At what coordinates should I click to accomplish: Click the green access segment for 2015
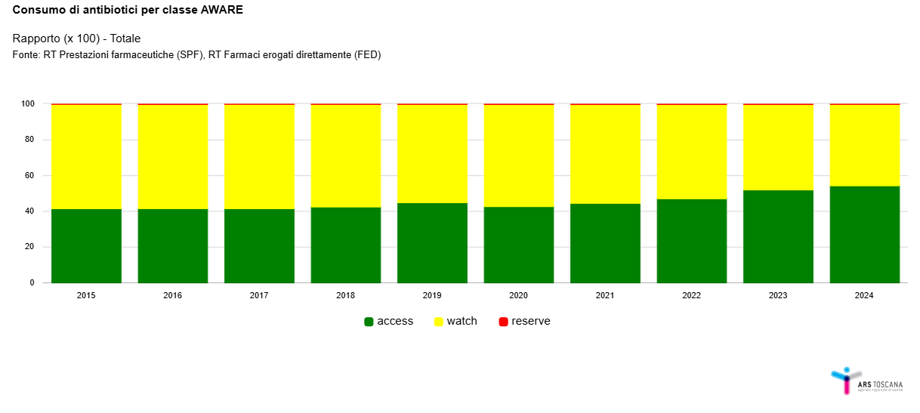[x=86, y=246]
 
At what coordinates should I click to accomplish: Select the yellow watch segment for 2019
[x=432, y=154]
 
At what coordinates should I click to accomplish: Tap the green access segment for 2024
[x=865, y=234]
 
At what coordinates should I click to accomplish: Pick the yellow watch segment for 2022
[x=692, y=152]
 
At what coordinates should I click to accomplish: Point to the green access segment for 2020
[x=519, y=245]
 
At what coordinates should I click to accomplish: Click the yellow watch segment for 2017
[x=259, y=157]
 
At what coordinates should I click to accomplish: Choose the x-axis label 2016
[x=173, y=295]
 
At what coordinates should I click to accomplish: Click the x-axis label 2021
[x=605, y=295]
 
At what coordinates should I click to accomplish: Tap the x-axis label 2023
[x=778, y=295]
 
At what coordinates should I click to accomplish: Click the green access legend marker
[x=369, y=322]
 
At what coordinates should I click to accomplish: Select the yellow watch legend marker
[x=439, y=322]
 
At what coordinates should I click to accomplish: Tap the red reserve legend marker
[x=504, y=322]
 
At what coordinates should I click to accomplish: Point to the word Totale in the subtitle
[x=125, y=39]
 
